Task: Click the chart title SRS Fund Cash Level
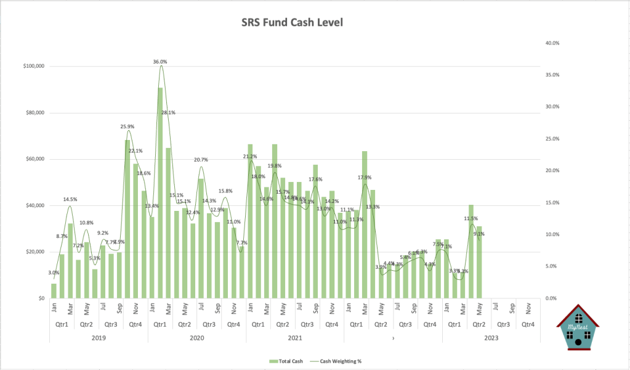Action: pyautogui.click(x=291, y=23)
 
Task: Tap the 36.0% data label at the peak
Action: pyautogui.click(x=160, y=62)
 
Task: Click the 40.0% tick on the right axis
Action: pyautogui.click(x=551, y=43)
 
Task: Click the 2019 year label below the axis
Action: pyautogui.click(x=99, y=337)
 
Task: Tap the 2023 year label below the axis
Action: pyautogui.click(x=491, y=337)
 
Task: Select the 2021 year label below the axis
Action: pyautogui.click(x=294, y=337)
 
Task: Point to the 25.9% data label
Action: pyautogui.click(x=127, y=126)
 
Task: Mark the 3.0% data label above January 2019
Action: pyautogui.click(x=54, y=273)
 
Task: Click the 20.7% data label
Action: pyautogui.click(x=201, y=160)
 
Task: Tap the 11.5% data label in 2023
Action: pyautogui.click(x=470, y=218)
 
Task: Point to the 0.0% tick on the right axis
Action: pyautogui.click(x=551, y=298)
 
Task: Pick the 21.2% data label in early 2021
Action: pyautogui.click(x=250, y=157)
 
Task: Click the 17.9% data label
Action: pyautogui.click(x=365, y=178)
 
